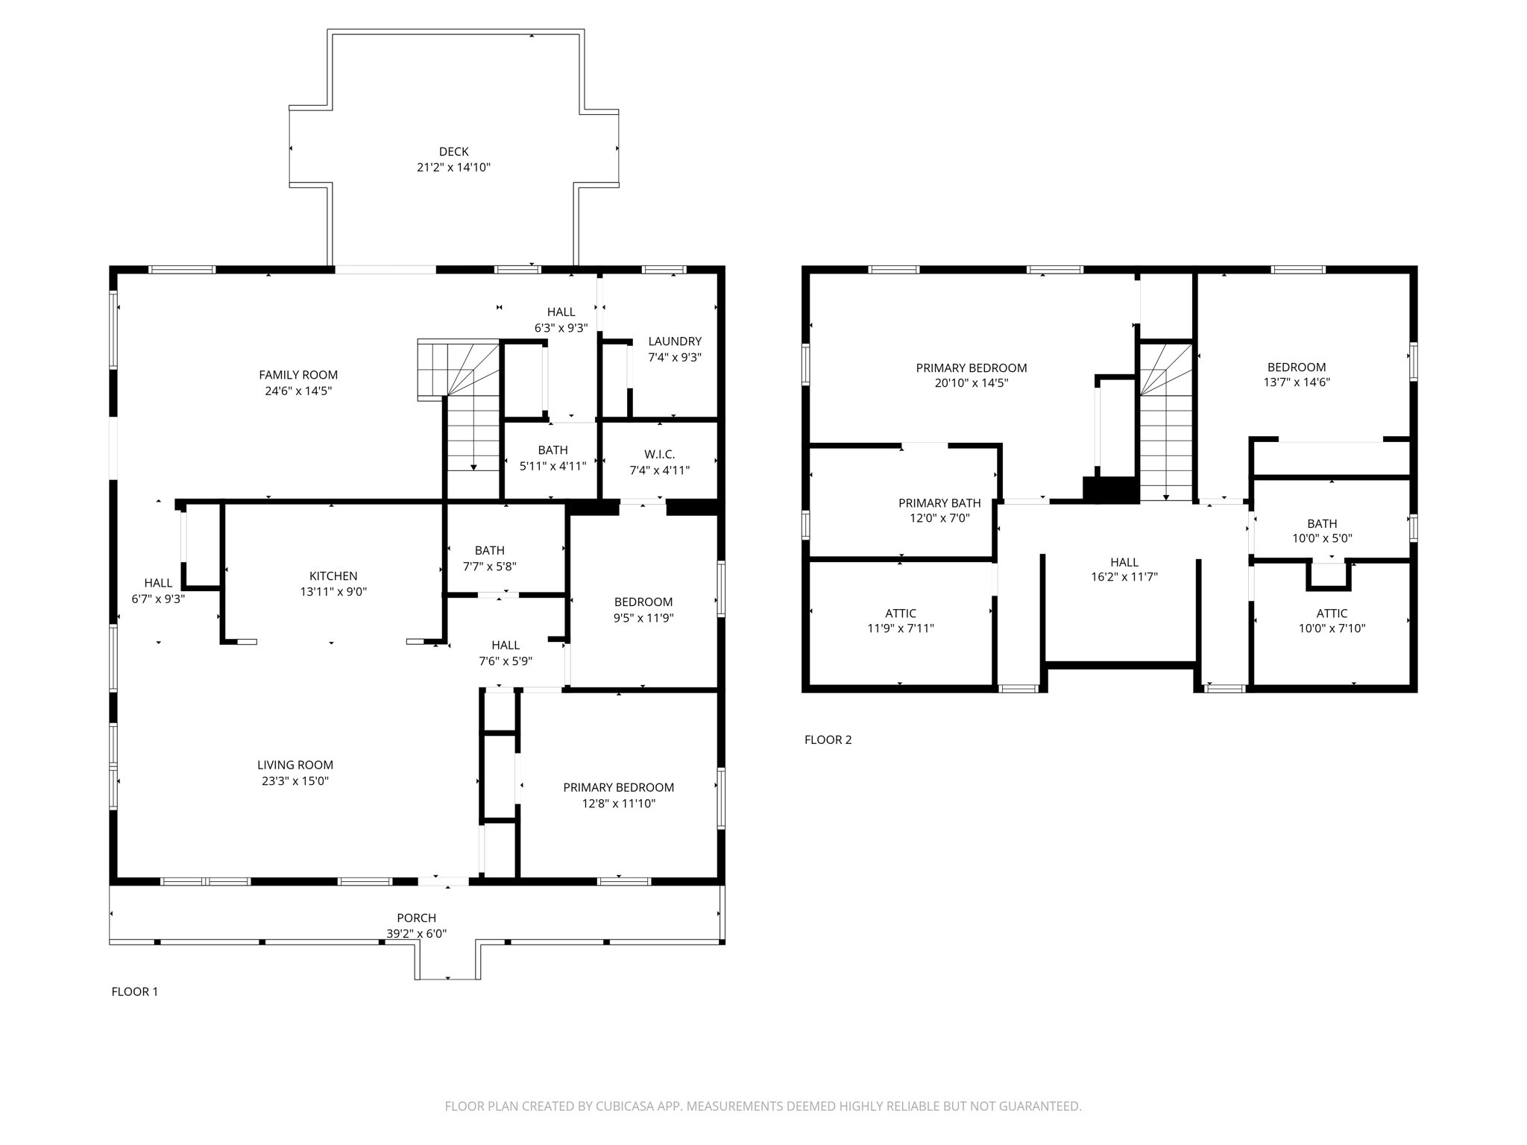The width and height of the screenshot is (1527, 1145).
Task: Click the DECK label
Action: [453, 151]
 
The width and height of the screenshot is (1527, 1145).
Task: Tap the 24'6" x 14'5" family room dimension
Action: [298, 391]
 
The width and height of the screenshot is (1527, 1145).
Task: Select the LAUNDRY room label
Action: [675, 341]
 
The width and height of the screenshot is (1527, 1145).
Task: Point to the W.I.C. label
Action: [659, 454]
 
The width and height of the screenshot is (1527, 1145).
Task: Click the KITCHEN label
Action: [333, 575]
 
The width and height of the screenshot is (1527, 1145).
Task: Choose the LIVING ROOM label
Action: [295, 765]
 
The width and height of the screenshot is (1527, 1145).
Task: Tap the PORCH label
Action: [416, 918]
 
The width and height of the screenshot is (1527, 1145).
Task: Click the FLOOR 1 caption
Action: [134, 991]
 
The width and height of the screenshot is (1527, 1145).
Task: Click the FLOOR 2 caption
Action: [828, 739]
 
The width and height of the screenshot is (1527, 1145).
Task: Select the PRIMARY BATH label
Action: [939, 503]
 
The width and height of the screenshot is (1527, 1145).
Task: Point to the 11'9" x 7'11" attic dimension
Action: [901, 628]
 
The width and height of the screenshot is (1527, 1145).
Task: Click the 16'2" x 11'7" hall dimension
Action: [1124, 577]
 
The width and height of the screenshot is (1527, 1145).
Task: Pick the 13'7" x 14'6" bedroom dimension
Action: [1297, 382]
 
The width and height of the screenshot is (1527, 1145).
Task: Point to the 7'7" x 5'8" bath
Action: [489, 558]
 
